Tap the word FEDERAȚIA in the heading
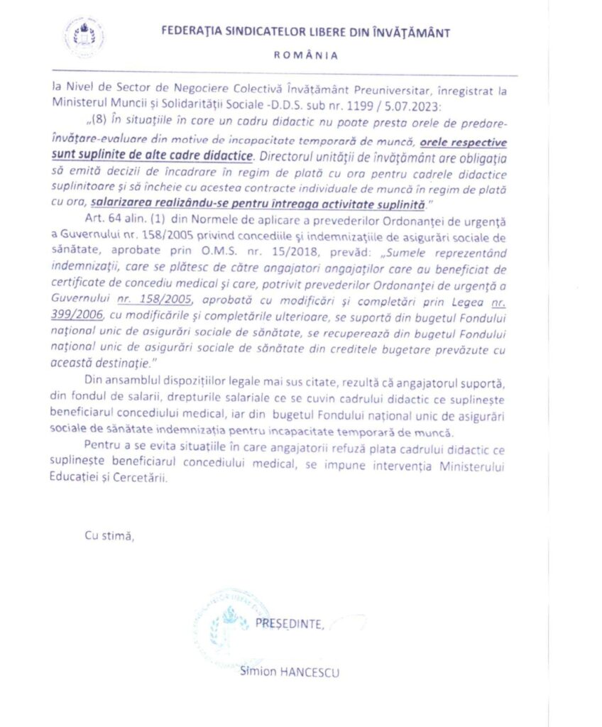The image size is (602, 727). pos(192,32)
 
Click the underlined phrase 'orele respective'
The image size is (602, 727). pos(461,141)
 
